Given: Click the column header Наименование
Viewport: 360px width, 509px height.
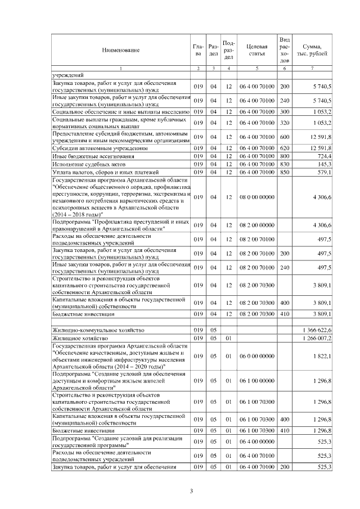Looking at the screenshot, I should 120,51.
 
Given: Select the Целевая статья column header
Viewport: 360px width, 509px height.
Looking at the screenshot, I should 256,51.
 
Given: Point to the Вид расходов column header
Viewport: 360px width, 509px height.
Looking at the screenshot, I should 285,49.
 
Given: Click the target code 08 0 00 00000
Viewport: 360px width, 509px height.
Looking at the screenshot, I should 256,197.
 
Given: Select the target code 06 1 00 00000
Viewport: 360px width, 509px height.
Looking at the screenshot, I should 256,380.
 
